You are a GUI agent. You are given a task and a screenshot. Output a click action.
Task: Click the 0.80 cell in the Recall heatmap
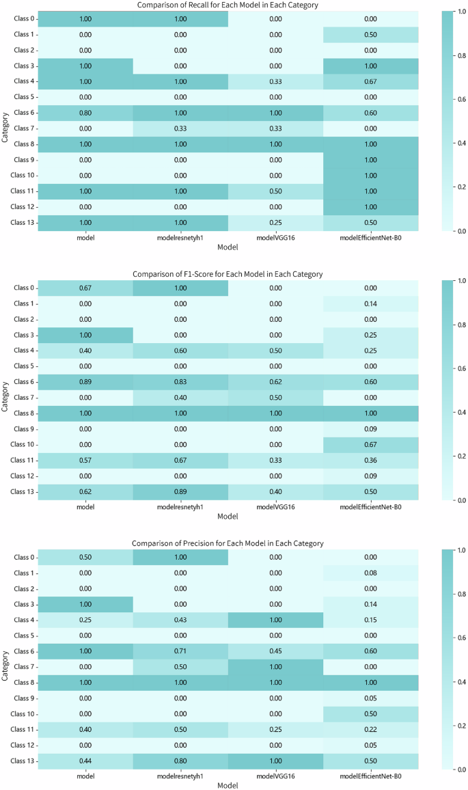[85, 113]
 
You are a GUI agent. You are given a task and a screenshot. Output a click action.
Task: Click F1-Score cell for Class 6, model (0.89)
[85, 382]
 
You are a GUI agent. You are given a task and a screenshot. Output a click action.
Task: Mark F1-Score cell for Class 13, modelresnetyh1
[180, 492]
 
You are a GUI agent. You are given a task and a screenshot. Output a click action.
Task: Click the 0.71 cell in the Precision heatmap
[180, 651]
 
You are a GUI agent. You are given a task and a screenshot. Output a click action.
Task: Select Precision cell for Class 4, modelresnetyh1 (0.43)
[180, 620]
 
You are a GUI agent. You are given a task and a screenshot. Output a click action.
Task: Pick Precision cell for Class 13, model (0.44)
[85, 761]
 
